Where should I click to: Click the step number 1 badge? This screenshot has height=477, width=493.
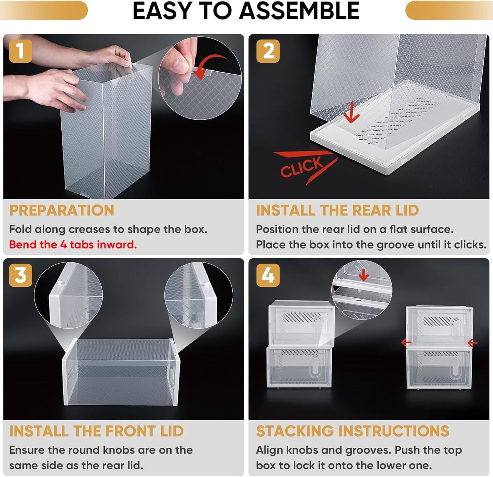[20, 51]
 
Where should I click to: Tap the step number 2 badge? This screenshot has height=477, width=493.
[268, 51]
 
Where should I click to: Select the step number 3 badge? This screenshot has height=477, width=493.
[20, 275]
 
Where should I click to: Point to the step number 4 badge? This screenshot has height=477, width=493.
[268, 275]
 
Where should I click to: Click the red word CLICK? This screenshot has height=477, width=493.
[302, 167]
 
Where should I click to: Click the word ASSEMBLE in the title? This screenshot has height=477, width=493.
[299, 11]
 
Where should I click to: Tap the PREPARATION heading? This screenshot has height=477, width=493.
[62, 210]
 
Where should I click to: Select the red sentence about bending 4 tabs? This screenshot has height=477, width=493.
[73, 244]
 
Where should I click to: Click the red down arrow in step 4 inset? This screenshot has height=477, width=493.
[364, 274]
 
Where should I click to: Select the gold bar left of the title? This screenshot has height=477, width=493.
[44, 10]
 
